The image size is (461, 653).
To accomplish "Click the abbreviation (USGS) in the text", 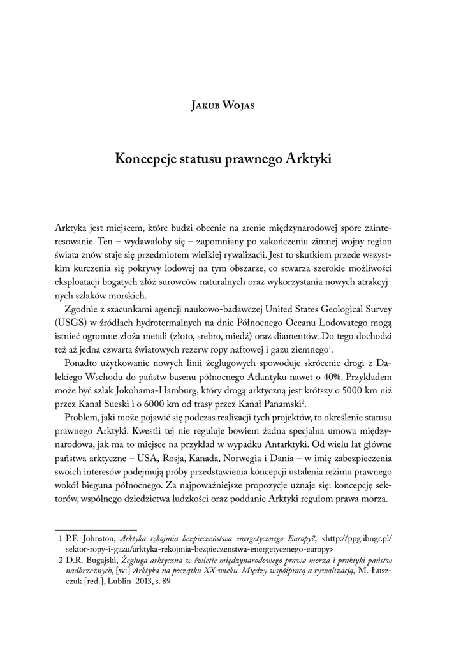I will [73, 322].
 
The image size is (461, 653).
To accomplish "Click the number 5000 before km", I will [326, 389].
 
